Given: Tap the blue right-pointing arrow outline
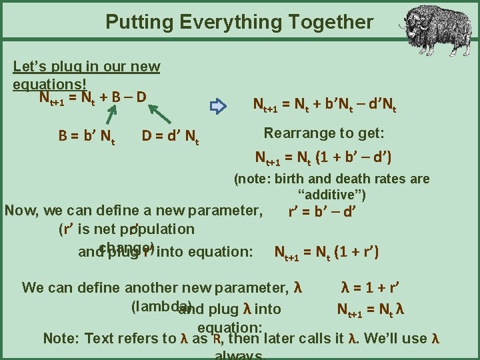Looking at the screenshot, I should (x=218, y=105).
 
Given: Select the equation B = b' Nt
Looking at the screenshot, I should (x=87, y=137).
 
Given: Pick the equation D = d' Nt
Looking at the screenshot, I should (x=171, y=137).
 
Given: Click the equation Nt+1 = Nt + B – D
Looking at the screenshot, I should (x=93, y=98).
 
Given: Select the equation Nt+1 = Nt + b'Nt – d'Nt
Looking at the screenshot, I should (x=324, y=105).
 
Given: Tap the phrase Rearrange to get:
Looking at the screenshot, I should (x=324, y=133).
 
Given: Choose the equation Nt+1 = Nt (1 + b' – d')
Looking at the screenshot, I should (x=323, y=158).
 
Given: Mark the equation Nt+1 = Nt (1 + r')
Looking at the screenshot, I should (x=327, y=253).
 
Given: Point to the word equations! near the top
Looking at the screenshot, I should (x=49, y=84).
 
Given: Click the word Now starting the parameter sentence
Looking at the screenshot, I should (x=21, y=211).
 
